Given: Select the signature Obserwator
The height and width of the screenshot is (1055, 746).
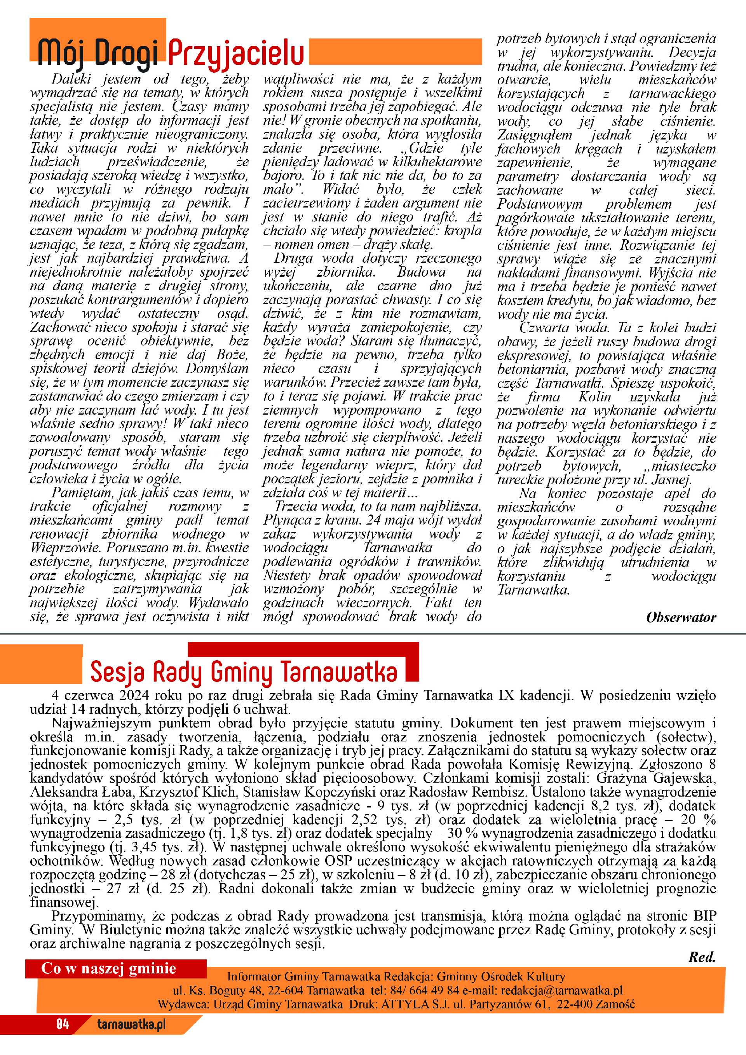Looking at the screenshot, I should [x=681, y=617].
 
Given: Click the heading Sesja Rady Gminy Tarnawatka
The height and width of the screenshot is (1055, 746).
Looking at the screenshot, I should [x=244, y=672].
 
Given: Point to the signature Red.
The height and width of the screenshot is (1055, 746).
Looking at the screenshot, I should [x=702, y=957].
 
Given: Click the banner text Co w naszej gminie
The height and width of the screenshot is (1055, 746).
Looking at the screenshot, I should [x=109, y=969].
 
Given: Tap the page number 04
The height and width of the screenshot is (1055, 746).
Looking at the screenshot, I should [x=63, y=1024].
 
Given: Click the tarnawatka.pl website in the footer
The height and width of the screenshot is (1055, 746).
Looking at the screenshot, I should [x=131, y=1024].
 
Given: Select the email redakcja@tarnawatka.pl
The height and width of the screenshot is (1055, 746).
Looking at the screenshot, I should [x=561, y=990].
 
